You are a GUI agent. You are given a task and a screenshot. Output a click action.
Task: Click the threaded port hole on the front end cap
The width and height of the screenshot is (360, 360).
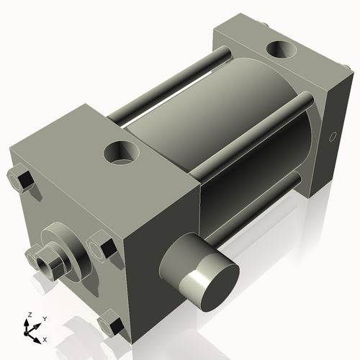tap(123, 152)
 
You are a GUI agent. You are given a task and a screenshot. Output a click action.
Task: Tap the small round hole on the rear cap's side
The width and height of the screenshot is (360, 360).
tap(333, 137)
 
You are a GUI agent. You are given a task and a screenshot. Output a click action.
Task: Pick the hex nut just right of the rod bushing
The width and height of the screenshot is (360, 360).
tap(102, 248)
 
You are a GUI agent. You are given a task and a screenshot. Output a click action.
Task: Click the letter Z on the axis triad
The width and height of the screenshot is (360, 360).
tap(30, 315)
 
